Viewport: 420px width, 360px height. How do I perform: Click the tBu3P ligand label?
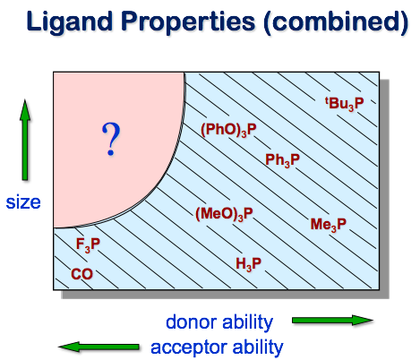coord(344,104)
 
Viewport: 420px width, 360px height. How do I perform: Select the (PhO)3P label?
coord(228,130)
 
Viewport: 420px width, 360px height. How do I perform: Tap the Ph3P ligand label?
coord(282,160)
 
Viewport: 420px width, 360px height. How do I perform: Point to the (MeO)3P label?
coord(224,214)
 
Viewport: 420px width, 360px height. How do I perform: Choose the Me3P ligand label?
coord(329,225)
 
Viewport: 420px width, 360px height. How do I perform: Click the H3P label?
coord(248,264)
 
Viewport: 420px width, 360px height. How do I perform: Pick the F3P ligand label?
coord(88,244)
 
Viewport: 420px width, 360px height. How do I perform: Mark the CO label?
coord(81,274)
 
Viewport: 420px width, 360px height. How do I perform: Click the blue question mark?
coord(111,139)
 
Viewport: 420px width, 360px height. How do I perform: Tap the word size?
coord(23,202)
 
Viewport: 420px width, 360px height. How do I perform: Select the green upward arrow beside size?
coord(25,140)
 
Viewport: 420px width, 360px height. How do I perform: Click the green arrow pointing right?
coord(332,321)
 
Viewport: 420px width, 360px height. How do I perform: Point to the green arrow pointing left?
coord(99,347)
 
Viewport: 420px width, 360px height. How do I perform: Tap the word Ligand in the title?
coord(69,21)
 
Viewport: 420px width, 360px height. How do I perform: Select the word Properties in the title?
coord(189,22)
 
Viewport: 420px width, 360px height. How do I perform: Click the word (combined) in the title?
coord(336,22)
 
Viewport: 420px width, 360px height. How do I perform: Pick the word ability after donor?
coord(247,323)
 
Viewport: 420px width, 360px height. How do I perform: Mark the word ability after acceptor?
coord(258,348)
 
